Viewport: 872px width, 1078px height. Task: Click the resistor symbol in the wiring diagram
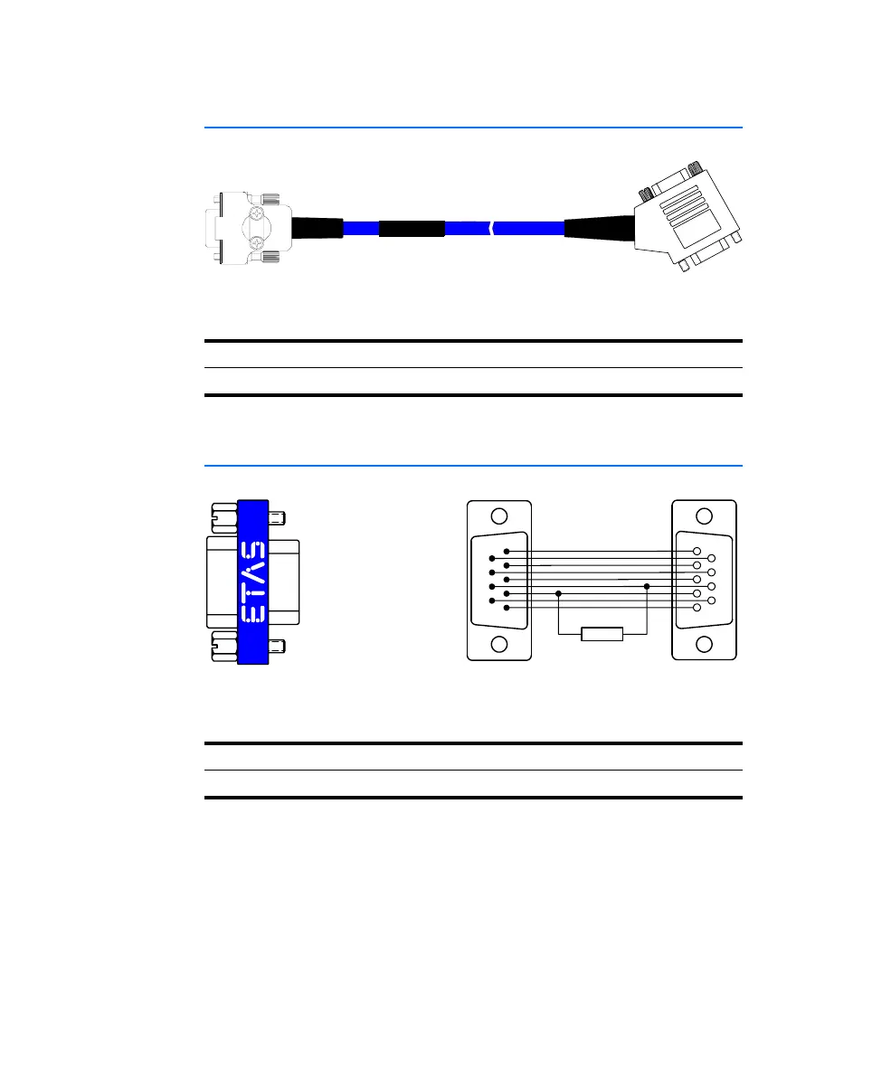602,634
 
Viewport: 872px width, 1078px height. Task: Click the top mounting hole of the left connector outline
499,516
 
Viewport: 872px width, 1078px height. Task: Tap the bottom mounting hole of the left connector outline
499,644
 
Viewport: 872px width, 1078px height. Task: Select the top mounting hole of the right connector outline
704,516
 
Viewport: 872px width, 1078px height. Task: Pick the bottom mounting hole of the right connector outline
704,644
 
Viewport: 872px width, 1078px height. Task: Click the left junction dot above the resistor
558,593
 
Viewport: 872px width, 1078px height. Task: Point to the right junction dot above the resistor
647,586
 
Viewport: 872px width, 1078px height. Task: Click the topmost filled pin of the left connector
507,552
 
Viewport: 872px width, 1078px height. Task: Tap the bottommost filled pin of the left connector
507,608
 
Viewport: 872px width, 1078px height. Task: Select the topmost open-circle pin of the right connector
697,552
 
